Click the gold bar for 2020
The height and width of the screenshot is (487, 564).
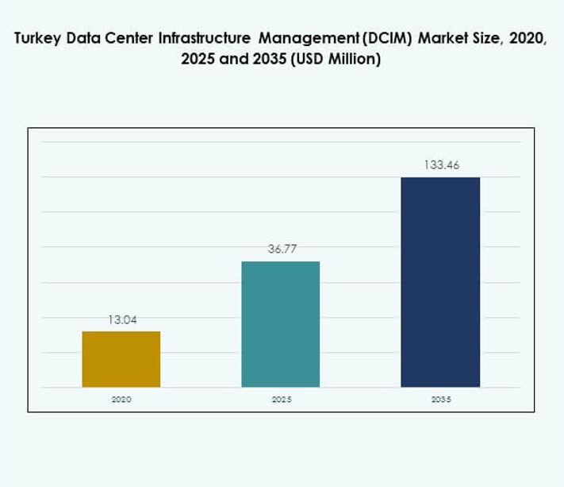121,359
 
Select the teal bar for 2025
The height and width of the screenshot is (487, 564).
281,324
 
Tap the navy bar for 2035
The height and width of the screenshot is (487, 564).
440,282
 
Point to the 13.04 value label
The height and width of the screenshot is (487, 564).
122,320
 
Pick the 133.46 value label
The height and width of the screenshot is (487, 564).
441,165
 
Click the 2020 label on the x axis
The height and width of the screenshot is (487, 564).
121,400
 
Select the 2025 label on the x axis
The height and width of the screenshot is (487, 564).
281,400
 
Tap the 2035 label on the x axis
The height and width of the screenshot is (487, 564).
441,400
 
